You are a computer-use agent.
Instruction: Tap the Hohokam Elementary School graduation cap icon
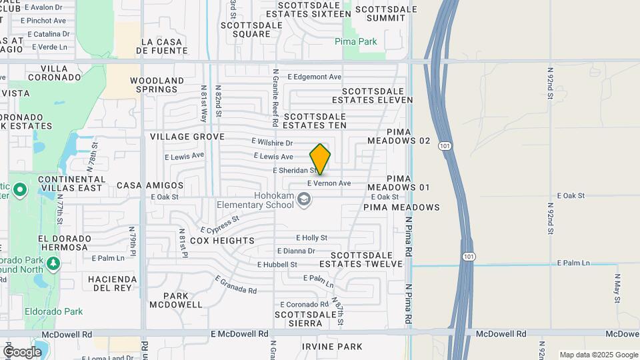pyautogui.click(x=304, y=199)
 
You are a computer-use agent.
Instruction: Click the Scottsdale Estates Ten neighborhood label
pyautogui.click(x=315, y=120)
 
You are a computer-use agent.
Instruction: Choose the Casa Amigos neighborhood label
pyautogui.click(x=150, y=185)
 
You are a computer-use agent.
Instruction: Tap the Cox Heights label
pyautogui.click(x=222, y=241)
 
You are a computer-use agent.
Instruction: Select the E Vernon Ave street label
pyautogui.click(x=329, y=183)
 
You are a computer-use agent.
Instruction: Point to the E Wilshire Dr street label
pyautogui.click(x=272, y=143)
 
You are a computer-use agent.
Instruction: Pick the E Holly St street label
pyautogui.click(x=311, y=237)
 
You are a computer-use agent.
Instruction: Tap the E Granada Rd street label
pyautogui.click(x=235, y=285)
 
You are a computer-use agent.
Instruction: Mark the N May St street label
pyautogui.click(x=617, y=288)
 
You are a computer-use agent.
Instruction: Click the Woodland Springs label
pyautogui.click(x=157, y=85)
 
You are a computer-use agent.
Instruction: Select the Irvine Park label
pyautogui.click(x=332, y=347)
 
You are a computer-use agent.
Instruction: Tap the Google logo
pyautogui.click(x=22, y=352)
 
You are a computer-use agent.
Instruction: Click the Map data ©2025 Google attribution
pyautogui.click(x=598, y=355)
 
